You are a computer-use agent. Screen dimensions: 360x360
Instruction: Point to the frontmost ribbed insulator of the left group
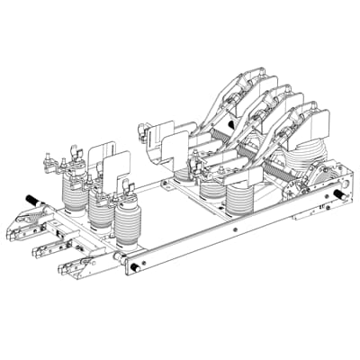[128, 229]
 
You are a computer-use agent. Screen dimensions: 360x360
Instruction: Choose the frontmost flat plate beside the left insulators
[120, 171]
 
